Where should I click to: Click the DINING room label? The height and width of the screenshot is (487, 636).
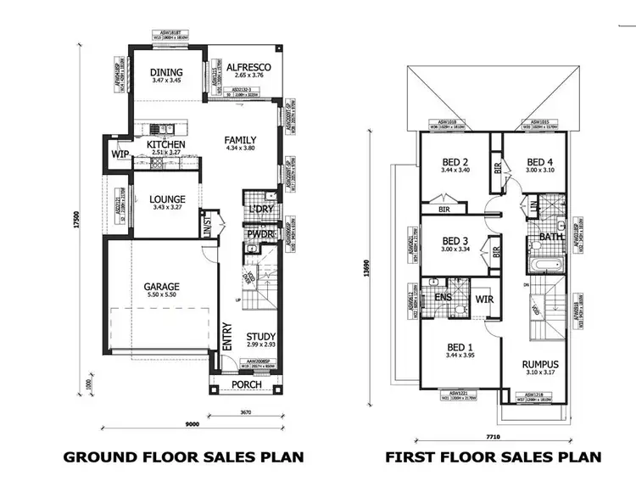[x=166, y=72]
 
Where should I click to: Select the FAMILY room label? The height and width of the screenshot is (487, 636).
[x=240, y=140]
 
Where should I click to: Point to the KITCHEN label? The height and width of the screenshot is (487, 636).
[x=165, y=145]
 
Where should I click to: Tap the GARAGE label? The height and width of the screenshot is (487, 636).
[x=159, y=287]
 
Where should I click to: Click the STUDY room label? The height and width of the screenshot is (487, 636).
[x=261, y=337]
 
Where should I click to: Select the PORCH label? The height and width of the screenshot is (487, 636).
[x=246, y=385]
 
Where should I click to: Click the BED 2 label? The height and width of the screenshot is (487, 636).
[x=455, y=162]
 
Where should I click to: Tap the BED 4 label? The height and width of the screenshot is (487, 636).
[x=539, y=162]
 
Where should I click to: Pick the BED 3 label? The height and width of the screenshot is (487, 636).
[x=455, y=240]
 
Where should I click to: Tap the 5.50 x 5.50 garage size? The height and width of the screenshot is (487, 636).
[x=159, y=296]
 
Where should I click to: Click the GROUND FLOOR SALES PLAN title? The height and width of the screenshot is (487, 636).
[x=183, y=457]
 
